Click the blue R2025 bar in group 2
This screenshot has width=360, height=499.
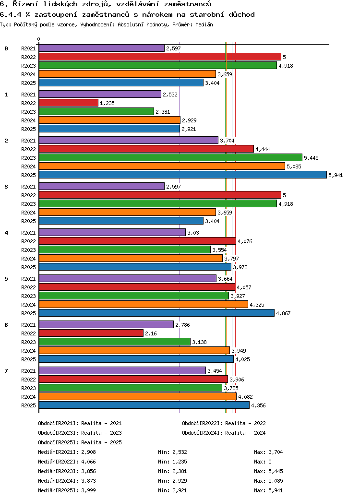pos(182,175)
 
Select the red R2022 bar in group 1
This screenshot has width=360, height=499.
pos(68,103)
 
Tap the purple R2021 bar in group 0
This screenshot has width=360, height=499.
pos(101,48)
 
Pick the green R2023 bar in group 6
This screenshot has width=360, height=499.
pos(114,342)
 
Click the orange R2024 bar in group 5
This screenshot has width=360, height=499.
pos(143,304)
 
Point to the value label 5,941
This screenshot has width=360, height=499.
pos(335,175)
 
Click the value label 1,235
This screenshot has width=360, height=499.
pos(107,103)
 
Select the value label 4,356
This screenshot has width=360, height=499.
pos(258,405)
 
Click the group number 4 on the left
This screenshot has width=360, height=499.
pos(6,233)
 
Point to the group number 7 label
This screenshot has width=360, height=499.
pos(6,371)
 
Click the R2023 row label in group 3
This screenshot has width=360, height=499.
pos(28,204)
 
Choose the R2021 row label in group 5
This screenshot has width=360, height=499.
pos(28,279)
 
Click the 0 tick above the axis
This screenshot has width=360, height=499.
pos(39,39)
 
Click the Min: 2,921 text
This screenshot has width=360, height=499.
pos(172,490)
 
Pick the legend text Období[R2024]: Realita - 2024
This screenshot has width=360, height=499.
pos(224,433)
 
